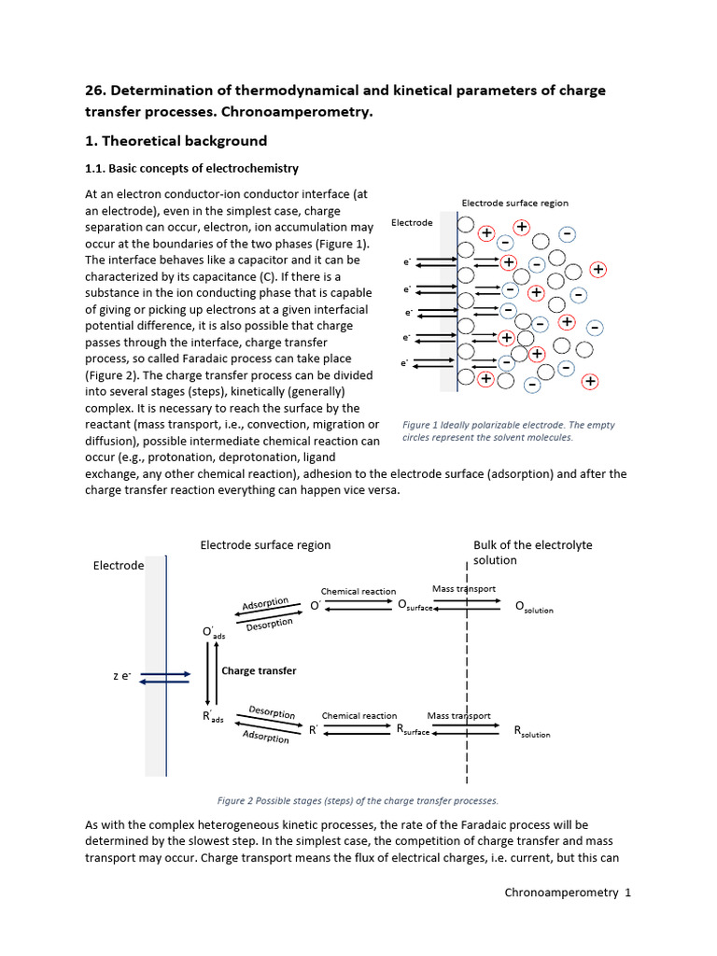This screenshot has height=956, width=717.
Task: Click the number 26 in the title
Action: click(x=95, y=91)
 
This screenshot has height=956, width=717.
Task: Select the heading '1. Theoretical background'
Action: click(x=176, y=141)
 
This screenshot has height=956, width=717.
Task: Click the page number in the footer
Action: click(x=628, y=893)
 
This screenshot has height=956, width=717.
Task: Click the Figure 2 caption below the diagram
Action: click(x=358, y=800)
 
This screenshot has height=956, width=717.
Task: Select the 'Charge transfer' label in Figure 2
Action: click(x=259, y=670)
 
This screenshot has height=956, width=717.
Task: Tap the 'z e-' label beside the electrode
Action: click(x=120, y=675)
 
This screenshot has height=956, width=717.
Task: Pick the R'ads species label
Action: click(x=214, y=717)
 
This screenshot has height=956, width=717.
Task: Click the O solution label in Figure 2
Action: click(x=534, y=607)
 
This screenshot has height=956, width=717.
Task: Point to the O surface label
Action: click(x=415, y=606)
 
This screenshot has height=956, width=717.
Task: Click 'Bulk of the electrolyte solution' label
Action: click(x=532, y=553)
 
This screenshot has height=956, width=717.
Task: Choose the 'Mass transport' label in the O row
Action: click(x=464, y=589)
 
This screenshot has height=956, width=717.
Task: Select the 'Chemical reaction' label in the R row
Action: click(x=359, y=716)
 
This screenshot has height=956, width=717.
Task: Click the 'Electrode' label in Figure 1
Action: click(x=412, y=223)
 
